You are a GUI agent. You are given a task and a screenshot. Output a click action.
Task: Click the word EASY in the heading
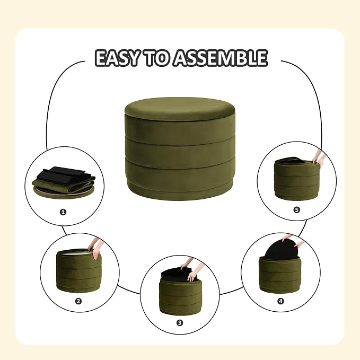point(117,58)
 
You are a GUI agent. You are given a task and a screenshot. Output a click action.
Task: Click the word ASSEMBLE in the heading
point(220,58)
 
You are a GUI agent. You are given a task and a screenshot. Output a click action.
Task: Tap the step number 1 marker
point(63,212)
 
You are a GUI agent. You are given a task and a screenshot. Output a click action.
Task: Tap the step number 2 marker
point(78,301)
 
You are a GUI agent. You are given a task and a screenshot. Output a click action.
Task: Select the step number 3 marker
point(180,323)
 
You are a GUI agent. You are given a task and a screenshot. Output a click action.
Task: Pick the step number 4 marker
point(281,301)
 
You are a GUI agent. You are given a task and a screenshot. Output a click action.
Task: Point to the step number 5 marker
point(296,209)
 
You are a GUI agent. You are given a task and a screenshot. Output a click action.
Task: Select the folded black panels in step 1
point(62,174)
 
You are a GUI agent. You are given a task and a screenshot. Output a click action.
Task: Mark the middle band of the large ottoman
point(180,149)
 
